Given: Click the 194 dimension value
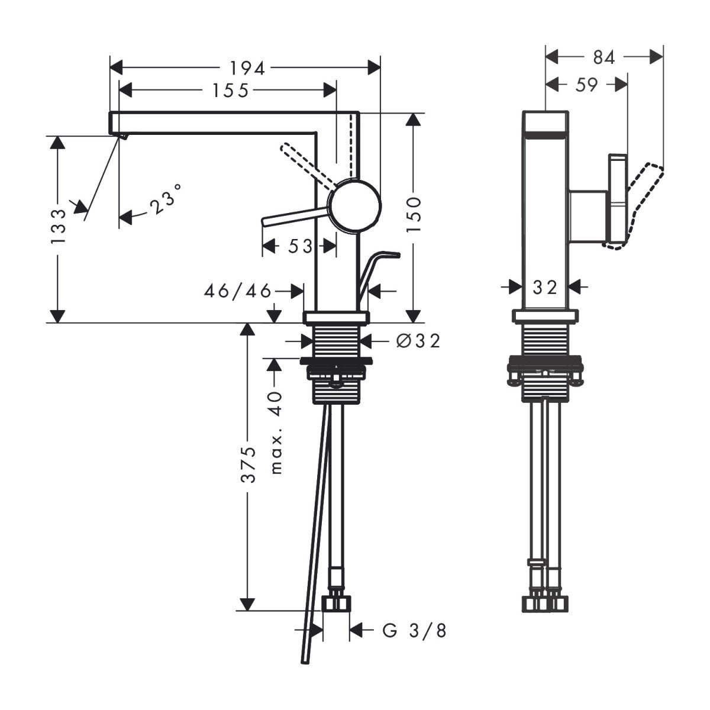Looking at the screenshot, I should point(247,68).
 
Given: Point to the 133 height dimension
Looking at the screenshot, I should point(58,226).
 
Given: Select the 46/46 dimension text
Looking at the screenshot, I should point(237,291).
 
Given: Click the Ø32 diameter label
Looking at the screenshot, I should point(418,341).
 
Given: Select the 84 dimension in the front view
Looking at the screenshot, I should point(603,57).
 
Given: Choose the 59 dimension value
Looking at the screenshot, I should point(586,85).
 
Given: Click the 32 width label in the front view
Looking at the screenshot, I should point(544,288).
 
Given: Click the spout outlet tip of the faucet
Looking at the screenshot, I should point(121,136).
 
